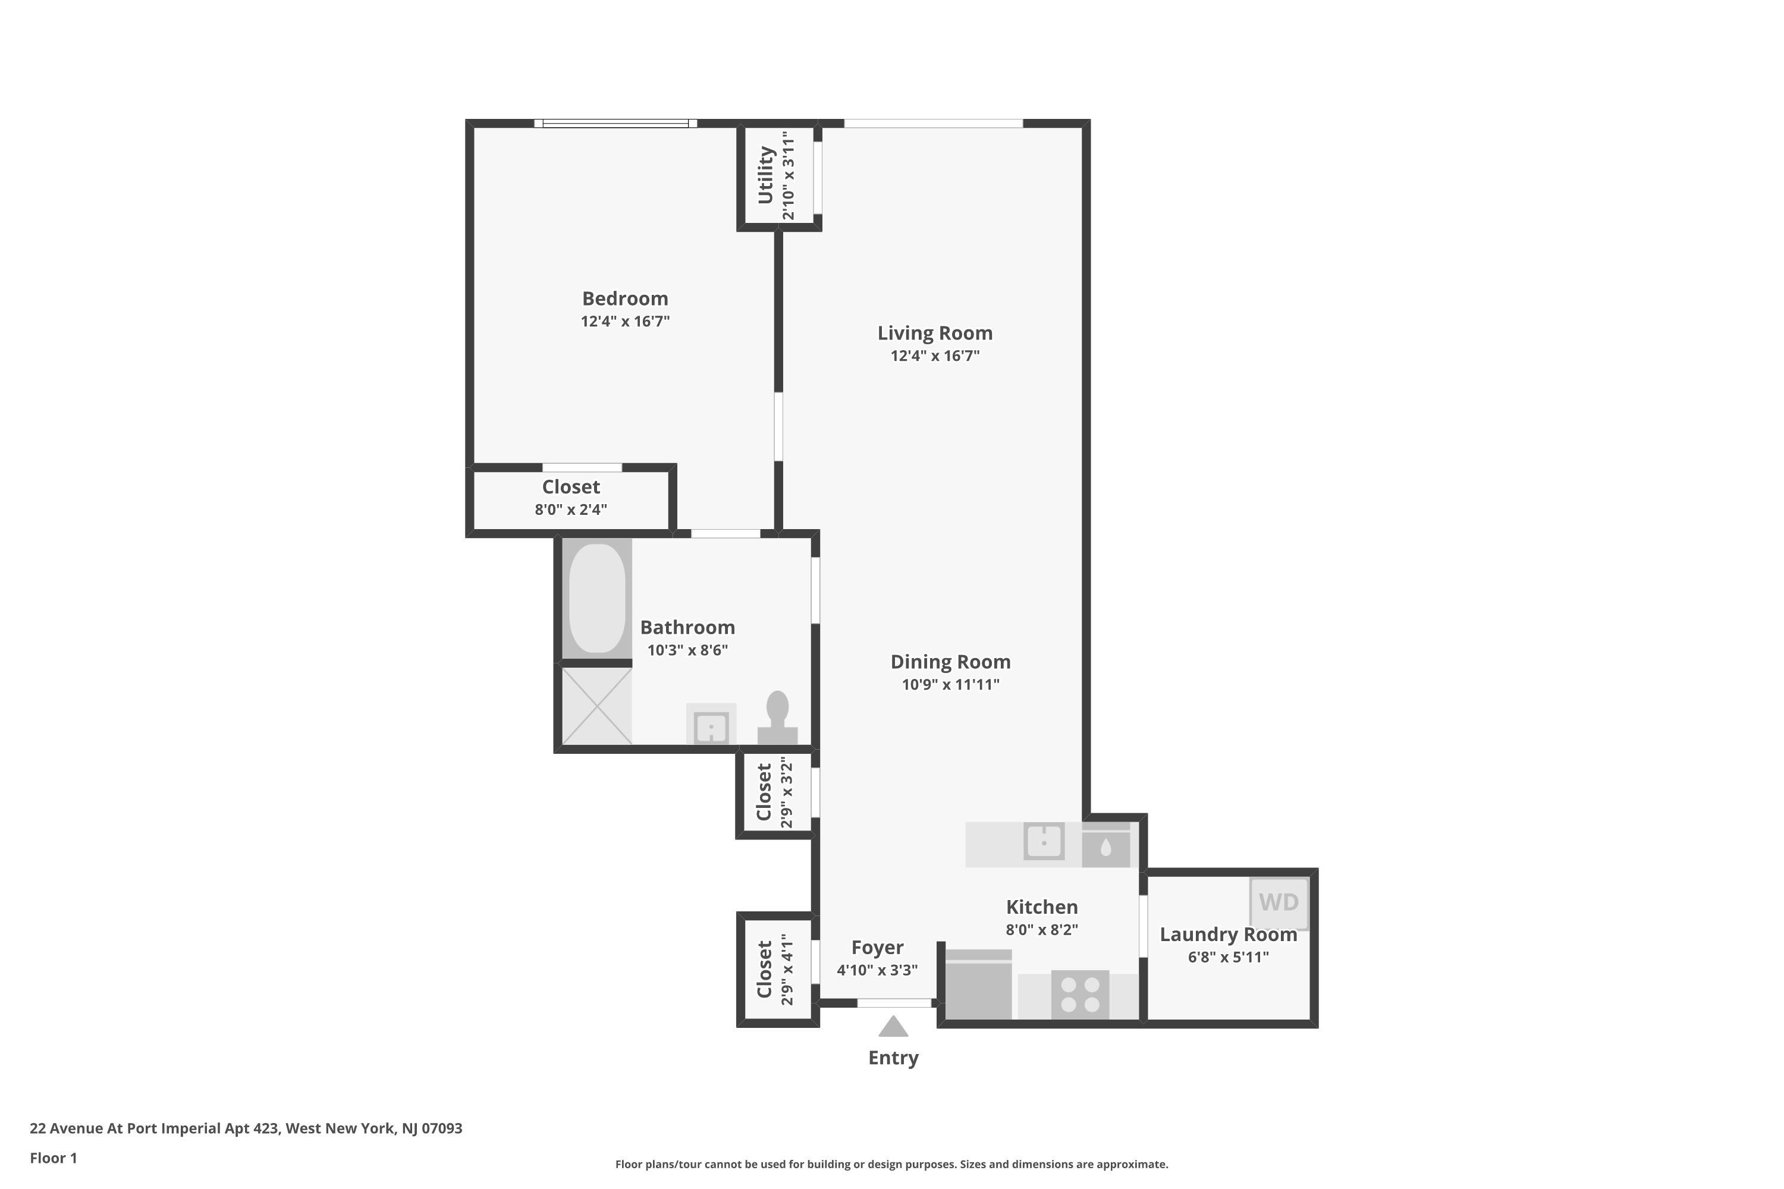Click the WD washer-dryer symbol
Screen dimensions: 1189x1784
1279,902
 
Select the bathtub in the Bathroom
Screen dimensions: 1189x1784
597,598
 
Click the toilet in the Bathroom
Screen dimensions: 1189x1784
777,718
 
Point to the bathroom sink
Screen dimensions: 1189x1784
711,726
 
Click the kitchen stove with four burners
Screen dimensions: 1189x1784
1080,994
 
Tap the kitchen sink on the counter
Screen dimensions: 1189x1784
1044,841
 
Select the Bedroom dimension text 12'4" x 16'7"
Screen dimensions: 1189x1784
625,322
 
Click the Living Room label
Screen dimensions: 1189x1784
934,333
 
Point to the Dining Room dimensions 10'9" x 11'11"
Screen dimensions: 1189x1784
950,685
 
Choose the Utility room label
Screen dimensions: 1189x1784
765,176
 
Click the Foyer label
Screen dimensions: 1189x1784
877,947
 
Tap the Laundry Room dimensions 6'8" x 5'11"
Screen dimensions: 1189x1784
1228,957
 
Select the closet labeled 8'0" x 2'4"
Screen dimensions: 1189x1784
570,498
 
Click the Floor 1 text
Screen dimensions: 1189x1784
53,1158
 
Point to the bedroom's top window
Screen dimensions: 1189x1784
615,123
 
